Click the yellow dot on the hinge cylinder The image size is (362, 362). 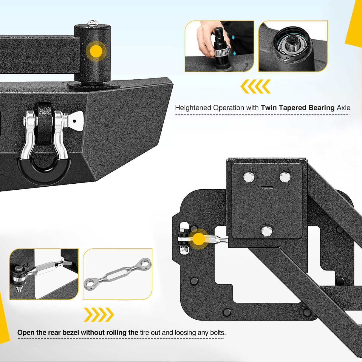click(96, 52)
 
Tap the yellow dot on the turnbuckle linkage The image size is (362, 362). click(198, 239)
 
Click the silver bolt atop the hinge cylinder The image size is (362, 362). click(92, 22)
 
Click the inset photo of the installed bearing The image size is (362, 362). click(293, 46)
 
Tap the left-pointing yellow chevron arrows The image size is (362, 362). click(256, 86)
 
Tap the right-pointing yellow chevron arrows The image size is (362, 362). click(99, 315)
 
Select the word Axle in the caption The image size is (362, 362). click(344, 108)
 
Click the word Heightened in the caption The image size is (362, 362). click(193, 108)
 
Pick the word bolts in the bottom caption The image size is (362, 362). click(217, 332)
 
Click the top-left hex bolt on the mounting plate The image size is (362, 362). click(248, 177)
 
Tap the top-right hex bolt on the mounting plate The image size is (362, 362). click(285, 177)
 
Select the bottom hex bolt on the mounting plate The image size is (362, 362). click(266, 231)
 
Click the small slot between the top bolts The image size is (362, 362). click(267, 188)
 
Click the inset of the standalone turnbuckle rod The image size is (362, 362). click(117, 274)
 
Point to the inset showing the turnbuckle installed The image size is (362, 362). click(44, 274)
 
